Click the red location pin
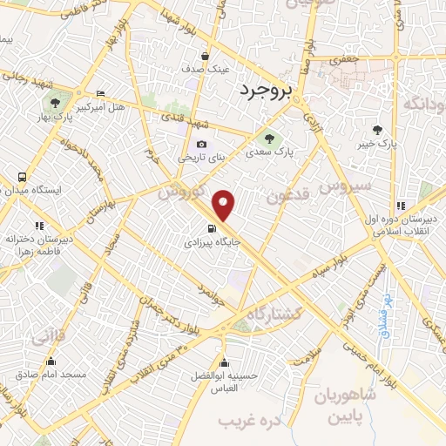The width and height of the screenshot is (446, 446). tap(225, 205)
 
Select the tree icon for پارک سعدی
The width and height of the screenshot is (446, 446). tap(268, 136)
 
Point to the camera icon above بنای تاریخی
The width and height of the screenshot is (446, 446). tap(202, 144)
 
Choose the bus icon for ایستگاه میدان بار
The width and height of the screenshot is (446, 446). tap(22, 176)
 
